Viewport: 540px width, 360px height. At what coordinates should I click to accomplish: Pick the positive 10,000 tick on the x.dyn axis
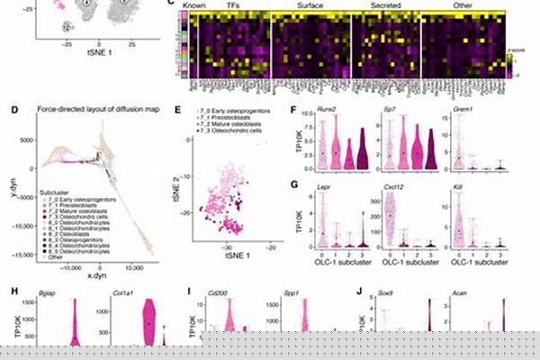(x=133, y=267)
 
